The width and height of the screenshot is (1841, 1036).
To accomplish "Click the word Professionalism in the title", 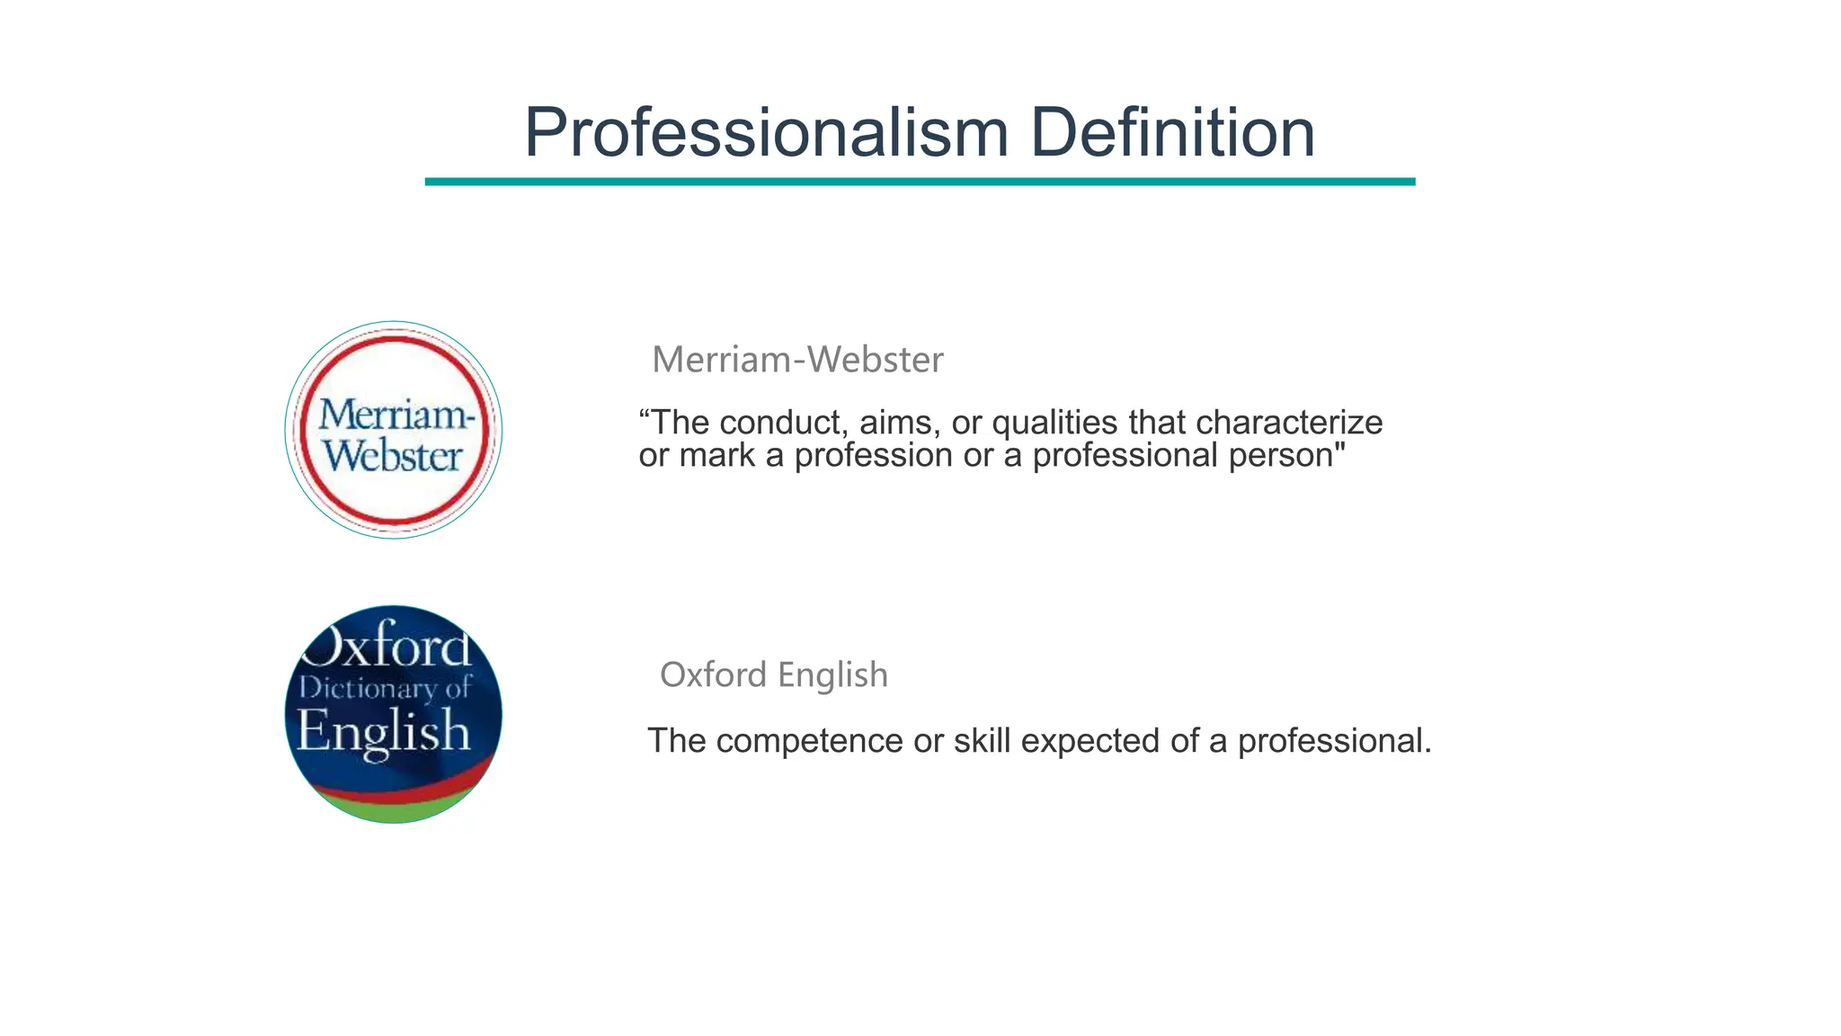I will pos(766,133).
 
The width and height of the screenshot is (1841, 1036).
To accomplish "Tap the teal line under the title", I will pos(920,182).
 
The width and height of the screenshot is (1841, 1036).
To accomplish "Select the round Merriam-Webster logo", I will pos(394,430).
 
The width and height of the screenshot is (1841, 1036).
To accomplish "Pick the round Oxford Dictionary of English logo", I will pos(394,714).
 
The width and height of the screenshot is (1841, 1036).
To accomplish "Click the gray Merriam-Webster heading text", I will pos(797,360).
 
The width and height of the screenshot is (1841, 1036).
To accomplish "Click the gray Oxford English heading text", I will pos(773,674).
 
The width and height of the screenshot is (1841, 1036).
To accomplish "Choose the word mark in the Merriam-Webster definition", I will pos(716,456).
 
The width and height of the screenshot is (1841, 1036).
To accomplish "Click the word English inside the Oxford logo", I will pos(384,730).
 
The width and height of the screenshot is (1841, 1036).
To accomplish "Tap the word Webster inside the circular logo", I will pos(393,457).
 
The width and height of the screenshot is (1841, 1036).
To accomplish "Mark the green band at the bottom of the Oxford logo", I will pos(394,808).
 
